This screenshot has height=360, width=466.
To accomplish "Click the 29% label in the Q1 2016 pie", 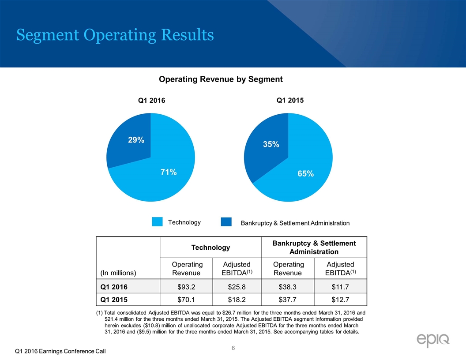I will pyautogui.click(x=136, y=140).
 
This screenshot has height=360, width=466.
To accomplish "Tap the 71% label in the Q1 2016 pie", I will pyautogui.click(x=169, y=172).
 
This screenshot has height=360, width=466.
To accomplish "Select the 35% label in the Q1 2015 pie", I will pyautogui.click(x=271, y=144).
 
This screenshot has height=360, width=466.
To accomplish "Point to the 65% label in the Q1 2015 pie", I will pyautogui.click(x=305, y=174).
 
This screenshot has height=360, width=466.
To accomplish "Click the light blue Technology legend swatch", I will pyautogui.click(x=157, y=221).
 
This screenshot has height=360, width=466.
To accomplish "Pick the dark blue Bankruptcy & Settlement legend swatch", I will pyautogui.click(x=226, y=221).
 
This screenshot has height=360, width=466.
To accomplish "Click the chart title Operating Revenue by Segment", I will pyautogui.click(x=221, y=79).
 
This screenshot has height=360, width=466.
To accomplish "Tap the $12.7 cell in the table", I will pyautogui.click(x=340, y=299).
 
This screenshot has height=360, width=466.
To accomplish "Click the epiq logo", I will pyautogui.click(x=433, y=340).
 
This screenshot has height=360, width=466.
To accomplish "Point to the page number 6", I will pyautogui.click(x=233, y=349).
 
